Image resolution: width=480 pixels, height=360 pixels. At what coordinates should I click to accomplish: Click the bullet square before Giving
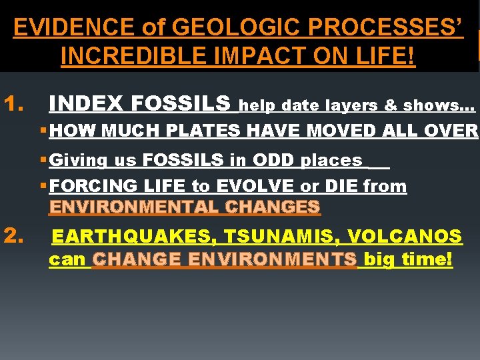43,161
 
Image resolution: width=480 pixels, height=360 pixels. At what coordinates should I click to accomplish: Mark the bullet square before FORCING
43,187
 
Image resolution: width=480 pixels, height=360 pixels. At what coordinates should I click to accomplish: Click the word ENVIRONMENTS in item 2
225,260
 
